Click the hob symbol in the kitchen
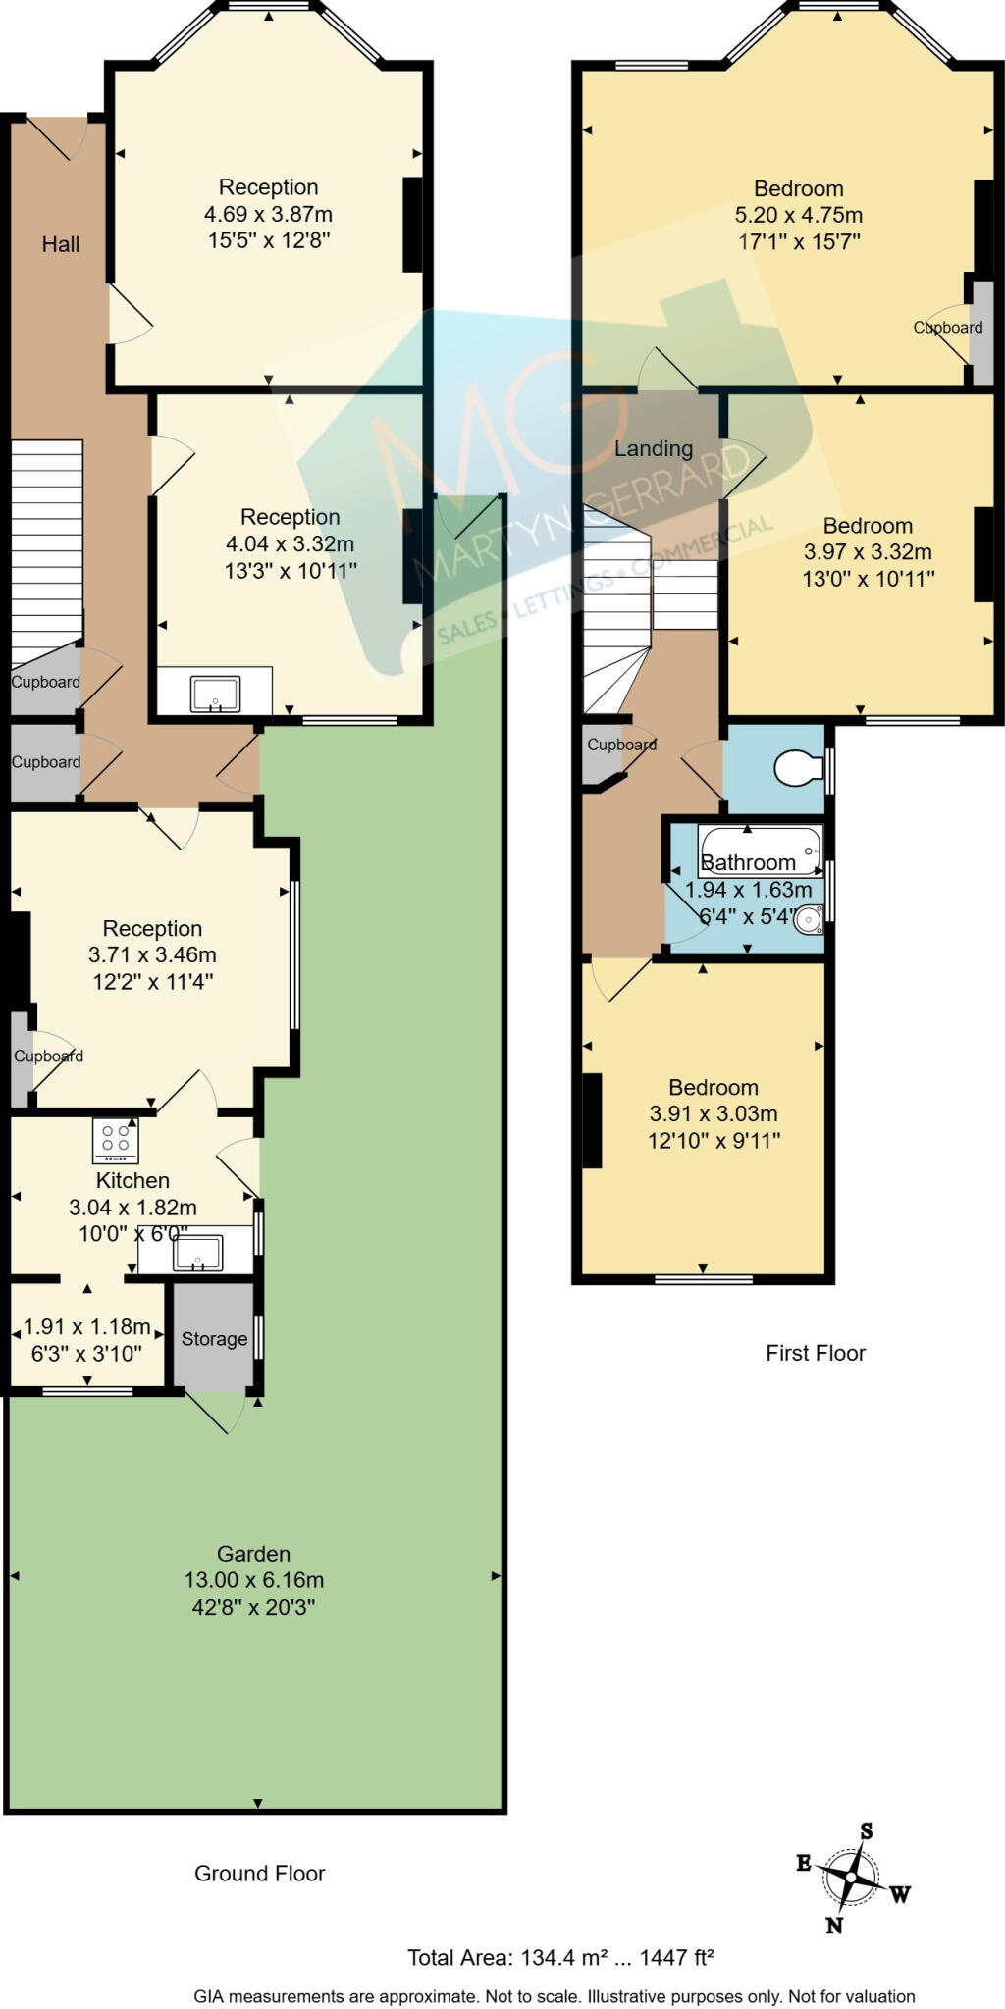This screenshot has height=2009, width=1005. pyautogui.click(x=116, y=1140)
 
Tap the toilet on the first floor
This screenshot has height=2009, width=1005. pyautogui.click(x=798, y=768)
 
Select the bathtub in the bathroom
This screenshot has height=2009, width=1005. pyautogui.click(x=760, y=850)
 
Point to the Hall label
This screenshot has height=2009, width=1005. pyautogui.click(x=60, y=244)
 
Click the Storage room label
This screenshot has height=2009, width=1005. pyautogui.click(x=214, y=1339)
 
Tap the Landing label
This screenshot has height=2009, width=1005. pyautogui.click(x=654, y=449)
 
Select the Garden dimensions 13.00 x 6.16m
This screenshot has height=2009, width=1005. pyautogui.click(x=254, y=1580)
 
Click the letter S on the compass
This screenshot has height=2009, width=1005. pyautogui.click(x=867, y=1830)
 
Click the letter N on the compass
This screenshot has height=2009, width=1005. pyautogui.click(x=834, y=1925)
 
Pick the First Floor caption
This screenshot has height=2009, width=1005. pyautogui.click(x=816, y=1353)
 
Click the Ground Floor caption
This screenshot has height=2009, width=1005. pyautogui.click(x=259, y=1873)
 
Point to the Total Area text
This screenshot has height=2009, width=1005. pyautogui.click(x=560, y=1958)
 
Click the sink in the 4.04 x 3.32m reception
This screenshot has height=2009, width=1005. pyautogui.click(x=216, y=693)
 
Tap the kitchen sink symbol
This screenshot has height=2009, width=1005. pyautogui.click(x=197, y=1253)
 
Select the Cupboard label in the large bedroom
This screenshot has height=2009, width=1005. pyautogui.click(x=947, y=328)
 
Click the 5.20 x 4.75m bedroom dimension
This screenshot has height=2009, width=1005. pyautogui.click(x=798, y=215)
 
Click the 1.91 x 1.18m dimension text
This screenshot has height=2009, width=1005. pyautogui.click(x=86, y=1327)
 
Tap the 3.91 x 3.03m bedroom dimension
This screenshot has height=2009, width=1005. pyautogui.click(x=714, y=1113)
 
